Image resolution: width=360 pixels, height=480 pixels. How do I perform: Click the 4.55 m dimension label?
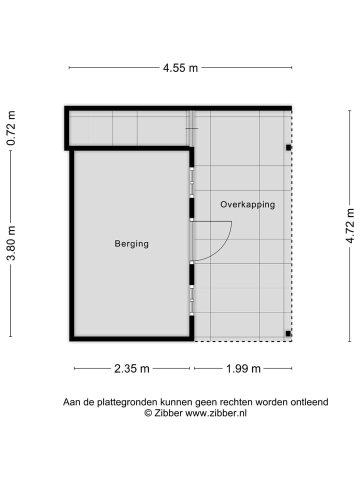tap(180, 68)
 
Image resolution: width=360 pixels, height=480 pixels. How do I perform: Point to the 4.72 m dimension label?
tap(349, 226)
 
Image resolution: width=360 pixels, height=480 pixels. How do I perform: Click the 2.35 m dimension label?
tap(132, 369)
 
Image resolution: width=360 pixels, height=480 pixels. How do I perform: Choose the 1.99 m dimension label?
tap(243, 369)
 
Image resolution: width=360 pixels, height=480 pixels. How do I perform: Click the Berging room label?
tap(132, 244)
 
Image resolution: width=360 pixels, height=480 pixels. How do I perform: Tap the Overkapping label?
tap(247, 204)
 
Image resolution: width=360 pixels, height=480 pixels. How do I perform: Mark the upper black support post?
tap(288, 147)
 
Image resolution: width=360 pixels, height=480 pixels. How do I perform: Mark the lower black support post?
tap(288, 333)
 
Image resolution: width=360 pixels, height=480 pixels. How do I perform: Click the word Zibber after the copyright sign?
tap(168, 413)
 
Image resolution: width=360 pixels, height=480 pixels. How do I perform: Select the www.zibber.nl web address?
tap(216, 413)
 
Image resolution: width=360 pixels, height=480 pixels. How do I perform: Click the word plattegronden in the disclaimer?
tap(126, 402)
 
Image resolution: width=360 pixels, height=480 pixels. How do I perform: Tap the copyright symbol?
tap(148, 413)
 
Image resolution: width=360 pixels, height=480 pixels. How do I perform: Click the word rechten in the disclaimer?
tap(237, 402)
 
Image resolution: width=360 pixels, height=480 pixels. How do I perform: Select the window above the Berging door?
tap(191, 182)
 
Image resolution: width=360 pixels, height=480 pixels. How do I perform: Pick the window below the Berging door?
tap(191, 299)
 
